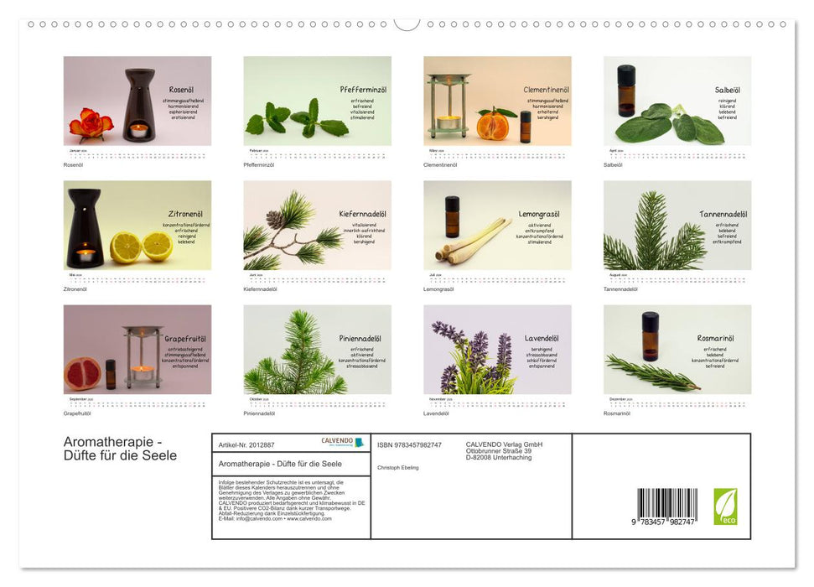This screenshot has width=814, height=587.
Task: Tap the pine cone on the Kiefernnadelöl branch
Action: pyautogui.click(x=276, y=220)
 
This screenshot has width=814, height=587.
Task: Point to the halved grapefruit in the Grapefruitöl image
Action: pyautogui.click(x=82, y=371)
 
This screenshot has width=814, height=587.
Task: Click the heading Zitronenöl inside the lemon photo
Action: pyautogui.click(x=185, y=214)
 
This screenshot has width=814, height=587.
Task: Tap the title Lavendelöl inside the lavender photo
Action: pyautogui.click(x=542, y=338)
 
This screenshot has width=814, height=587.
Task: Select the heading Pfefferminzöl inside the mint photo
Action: pyautogui.click(x=363, y=90)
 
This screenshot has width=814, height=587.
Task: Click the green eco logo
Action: pyautogui.click(x=725, y=506)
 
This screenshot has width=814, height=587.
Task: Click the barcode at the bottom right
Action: pyautogui.click(x=667, y=506)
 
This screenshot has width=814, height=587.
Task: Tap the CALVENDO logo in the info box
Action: pyautogui.click(x=342, y=442)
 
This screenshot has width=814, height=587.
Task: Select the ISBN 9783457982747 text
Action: pyautogui.click(x=409, y=444)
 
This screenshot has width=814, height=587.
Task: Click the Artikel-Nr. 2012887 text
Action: pyautogui.click(x=246, y=444)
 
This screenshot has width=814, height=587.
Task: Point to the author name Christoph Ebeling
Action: pyautogui.click(x=398, y=467)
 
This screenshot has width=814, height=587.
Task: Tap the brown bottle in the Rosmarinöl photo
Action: pyautogui.click(x=650, y=335)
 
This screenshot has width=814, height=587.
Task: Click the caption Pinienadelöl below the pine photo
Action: pyautogui.click(x=259, y=413)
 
